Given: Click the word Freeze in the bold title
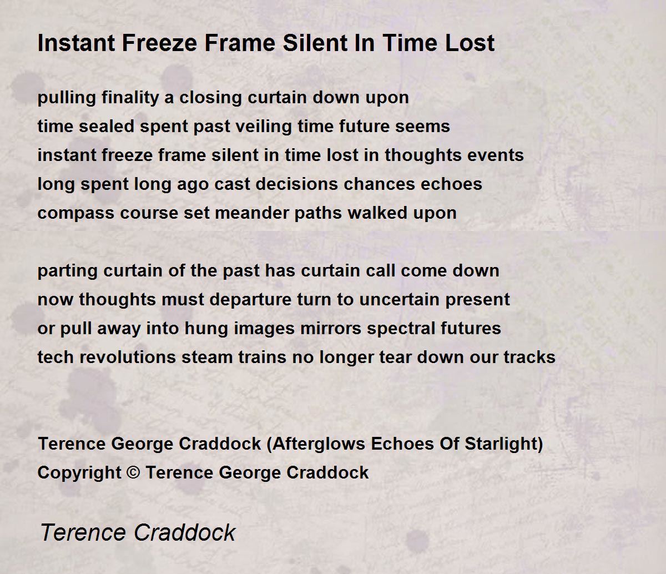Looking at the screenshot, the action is [159, 43].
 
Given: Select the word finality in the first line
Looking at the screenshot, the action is [130, 98].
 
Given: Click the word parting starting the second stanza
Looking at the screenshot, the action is [68, 271].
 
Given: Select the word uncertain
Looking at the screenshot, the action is [400, 299].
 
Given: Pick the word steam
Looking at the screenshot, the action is [207, 358].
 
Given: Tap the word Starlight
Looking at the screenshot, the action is [501, 444].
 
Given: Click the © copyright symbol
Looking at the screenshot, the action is [133, 473].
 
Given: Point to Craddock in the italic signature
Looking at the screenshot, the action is [184, 532].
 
